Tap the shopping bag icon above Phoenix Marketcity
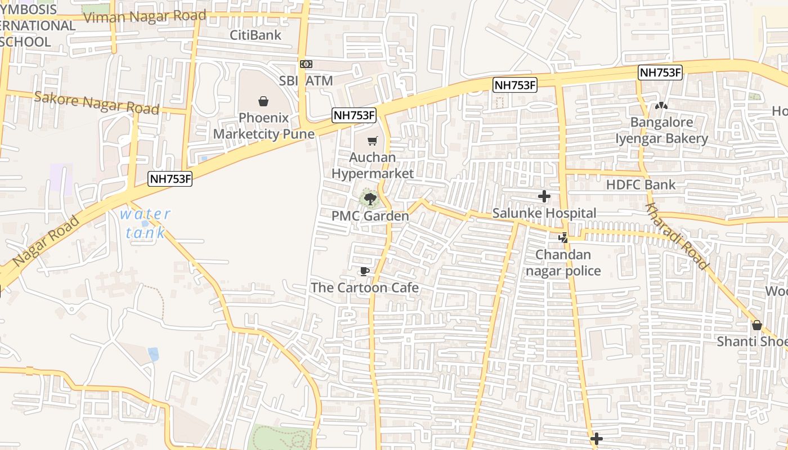[x=263, y=101]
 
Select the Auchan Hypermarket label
[x=372, y=165]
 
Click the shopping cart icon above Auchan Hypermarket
[x=372, y=141]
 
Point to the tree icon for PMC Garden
[x=370, y=199]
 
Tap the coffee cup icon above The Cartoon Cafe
[x=365, y=272]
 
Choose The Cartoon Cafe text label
[x=365, y=287]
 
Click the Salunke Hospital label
[x=544, y=213]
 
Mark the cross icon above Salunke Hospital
[x=544, y=196]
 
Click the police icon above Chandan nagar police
[x=563, y=238]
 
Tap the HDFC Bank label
[x=641, y=184]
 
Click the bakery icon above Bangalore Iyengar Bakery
[x=661, y=106]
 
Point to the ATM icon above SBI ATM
[x=306, y=64]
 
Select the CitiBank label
[x=256, y=35]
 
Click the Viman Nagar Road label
[x=145, y=16]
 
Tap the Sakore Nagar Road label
[x=97, y=102]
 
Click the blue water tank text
[x=145, y=223]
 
